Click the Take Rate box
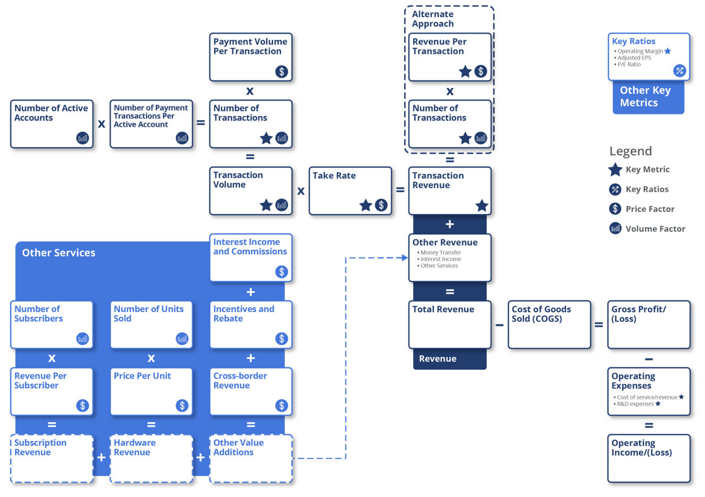[350, 190]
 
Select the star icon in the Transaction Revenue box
[481, 205]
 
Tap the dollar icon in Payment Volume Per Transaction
[281, 72]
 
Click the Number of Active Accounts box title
[51, 113]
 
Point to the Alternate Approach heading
[433, 19]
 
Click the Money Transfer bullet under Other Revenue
[441, 253]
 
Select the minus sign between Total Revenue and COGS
[499, 325]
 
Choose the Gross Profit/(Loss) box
[648, 325]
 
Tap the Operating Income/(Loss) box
[648, 458]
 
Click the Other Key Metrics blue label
[646, 97]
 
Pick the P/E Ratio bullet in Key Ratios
[629, 64]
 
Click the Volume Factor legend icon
[615, 228]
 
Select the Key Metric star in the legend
[615, 170]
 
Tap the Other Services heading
[58, 253]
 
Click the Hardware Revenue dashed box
[151, 458]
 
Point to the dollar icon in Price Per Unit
[182, 406]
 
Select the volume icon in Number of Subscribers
[83, 339]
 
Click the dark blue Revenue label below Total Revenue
[438, 359]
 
